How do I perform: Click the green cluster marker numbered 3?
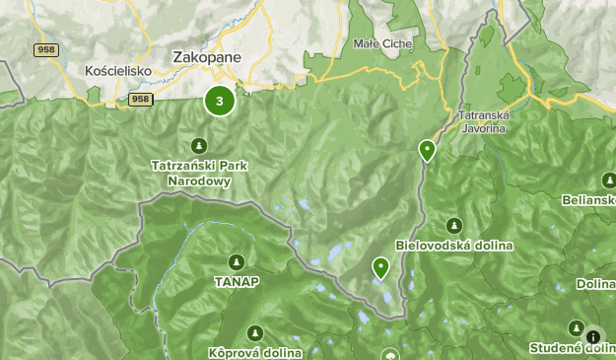pyautogui.click(x=219, y=101)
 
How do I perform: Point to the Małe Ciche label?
pyautogui.click(x=383, y=43)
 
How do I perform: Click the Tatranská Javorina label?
pyautogui.click(x=483, y=121)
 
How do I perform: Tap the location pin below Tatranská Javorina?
pyautogui.click(x=427, y=150)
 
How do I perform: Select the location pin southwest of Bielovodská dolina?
pyautogui.click(x=380, y=266)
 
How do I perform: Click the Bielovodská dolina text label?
pyautogui.click(x=453, y=245)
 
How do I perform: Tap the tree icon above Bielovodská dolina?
pyautogui.click(x=453, y=225)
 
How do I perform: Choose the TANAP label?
pyautogui.click(x=236, y=281)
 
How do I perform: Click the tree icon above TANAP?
pyautogui.click(x=236, y=261)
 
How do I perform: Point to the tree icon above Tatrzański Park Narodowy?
pyautogui.click(x=198, y=146)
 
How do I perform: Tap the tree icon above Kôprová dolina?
pyautogui.click(x=255, y=332)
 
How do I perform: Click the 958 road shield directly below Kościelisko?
pyautogui.click(x=140, y=99)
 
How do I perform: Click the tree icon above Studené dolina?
pyautogui.click(x=576, y=327)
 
